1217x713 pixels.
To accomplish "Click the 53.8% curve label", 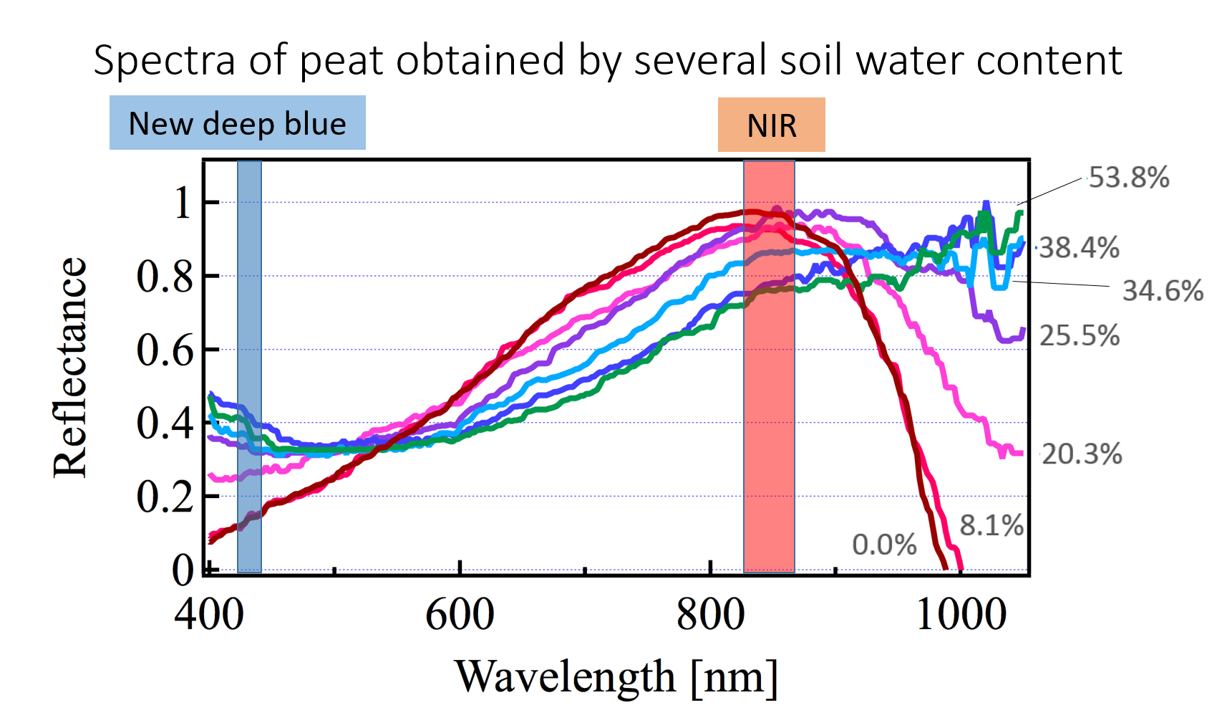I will [1129, 178].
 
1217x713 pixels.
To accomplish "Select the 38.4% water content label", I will [1079, 248].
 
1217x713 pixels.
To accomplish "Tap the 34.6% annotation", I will [1163, 291].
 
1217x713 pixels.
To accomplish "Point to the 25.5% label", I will [1079, 335].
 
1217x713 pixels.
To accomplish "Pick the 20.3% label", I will [1082, 454].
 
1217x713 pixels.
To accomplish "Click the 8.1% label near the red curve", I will [991, 525].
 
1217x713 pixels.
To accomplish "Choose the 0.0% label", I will [884, 545].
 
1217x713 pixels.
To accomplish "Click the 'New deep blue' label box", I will [237, 123].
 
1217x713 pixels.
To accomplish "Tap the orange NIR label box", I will [771, 125].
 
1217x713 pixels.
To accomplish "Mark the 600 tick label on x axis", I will [460, 615].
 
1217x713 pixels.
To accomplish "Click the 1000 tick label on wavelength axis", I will [961, 615].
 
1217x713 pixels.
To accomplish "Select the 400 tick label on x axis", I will [209, 615].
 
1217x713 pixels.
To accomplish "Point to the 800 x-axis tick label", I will [711, 615].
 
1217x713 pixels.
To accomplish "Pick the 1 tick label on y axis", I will [183, 203].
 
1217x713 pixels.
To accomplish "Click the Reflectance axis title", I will [70, 367].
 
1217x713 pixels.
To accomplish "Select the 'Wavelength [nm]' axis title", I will [616, 676].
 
